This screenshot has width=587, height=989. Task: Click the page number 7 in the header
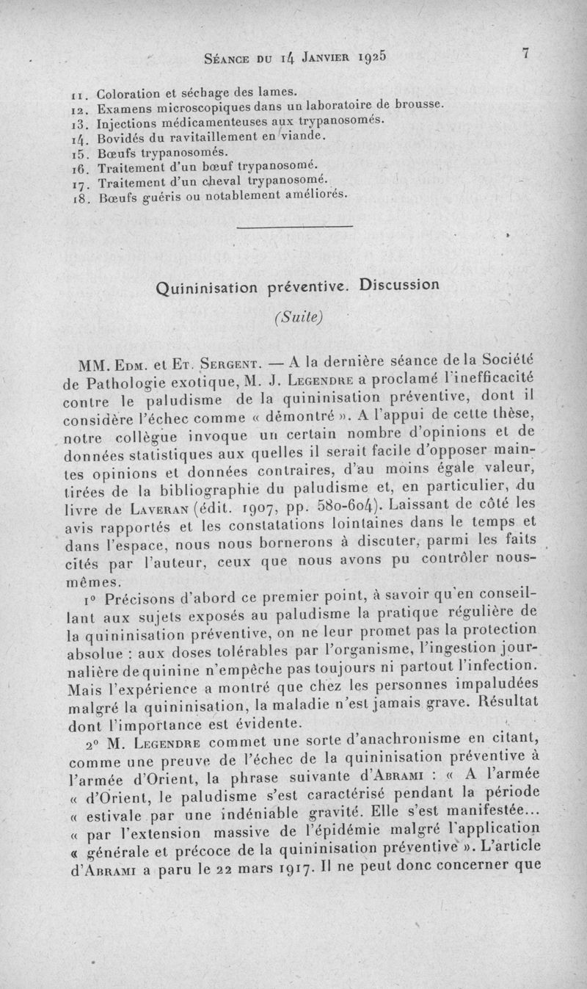tap(525, 54)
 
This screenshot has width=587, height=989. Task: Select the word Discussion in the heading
tap(399, 285)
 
